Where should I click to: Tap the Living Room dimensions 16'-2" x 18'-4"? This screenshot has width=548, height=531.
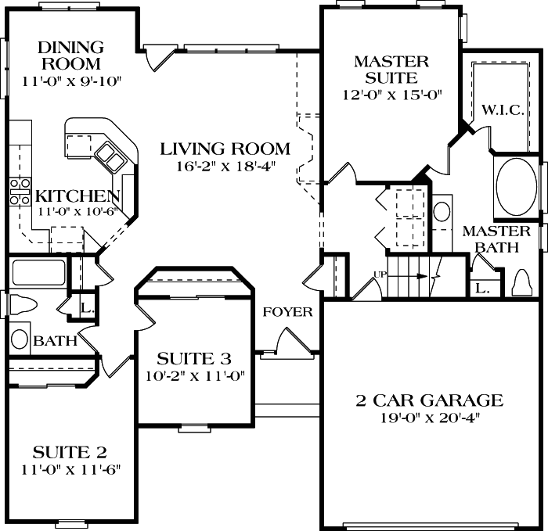click(x=225, y=165)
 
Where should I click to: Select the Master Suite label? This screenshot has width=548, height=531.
click(x=391, y=69)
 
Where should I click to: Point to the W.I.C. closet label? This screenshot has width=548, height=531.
click(x=502, y=109)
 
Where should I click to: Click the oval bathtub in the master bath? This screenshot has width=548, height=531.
click(x=516, y=188)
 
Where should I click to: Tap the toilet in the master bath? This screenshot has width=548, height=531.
click(x=521, y=284)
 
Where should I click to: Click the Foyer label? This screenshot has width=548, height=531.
click(x=287, y=312)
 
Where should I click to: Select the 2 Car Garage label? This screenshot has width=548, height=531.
click(x=429, y=401)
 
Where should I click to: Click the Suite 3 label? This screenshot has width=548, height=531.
click(x=194, y=359)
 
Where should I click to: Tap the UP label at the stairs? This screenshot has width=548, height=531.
click(x=381, y=274)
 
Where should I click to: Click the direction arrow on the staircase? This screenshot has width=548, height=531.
click(x=423, y=276)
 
